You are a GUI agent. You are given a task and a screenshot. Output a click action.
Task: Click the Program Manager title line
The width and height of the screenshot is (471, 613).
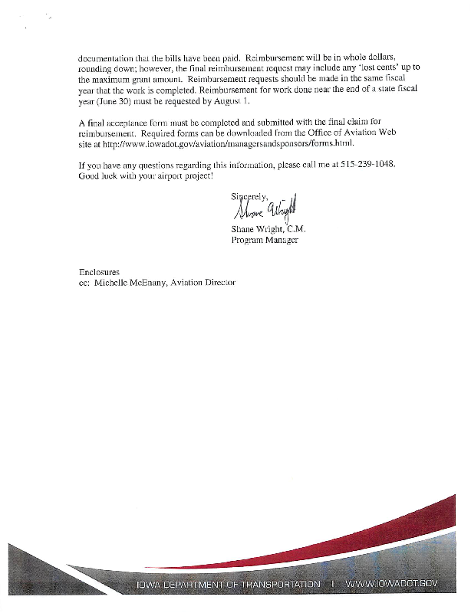tap(265, 240)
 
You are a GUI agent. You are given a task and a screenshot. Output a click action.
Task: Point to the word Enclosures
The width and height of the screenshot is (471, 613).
tap(100, 272)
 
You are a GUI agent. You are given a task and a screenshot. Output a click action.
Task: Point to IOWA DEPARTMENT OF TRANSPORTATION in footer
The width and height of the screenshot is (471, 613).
tap(228, 585)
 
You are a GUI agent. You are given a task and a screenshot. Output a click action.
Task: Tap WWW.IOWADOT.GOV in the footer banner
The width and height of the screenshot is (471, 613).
tap(391, 585)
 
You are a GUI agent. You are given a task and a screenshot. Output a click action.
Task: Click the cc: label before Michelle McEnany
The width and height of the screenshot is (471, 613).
tap(85, 283)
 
